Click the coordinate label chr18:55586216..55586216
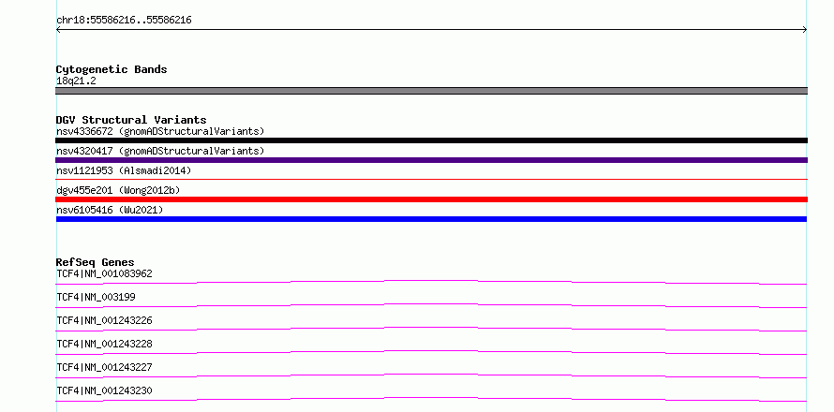point(124,21)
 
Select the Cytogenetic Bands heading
point(112,69)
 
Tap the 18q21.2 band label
point(76,81)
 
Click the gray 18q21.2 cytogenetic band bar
point(431,91)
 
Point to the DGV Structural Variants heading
point(131,120)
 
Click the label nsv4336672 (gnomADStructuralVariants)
point(160,131)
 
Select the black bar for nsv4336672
point(431,140)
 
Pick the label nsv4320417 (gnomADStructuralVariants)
point(160,151)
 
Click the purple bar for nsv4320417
point(431,160)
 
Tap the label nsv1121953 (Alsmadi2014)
point(124,170)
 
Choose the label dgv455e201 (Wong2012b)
point(118,190)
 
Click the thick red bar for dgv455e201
point(431,199)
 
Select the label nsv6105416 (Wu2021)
point(110,210)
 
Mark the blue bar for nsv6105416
point(431,219)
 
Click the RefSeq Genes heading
point(96,262)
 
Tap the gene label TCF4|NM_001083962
point(104,273)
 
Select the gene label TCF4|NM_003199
point(96,297)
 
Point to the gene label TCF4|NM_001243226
point(104,320)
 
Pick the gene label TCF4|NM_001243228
point(104,344)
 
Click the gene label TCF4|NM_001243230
point(104,390)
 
